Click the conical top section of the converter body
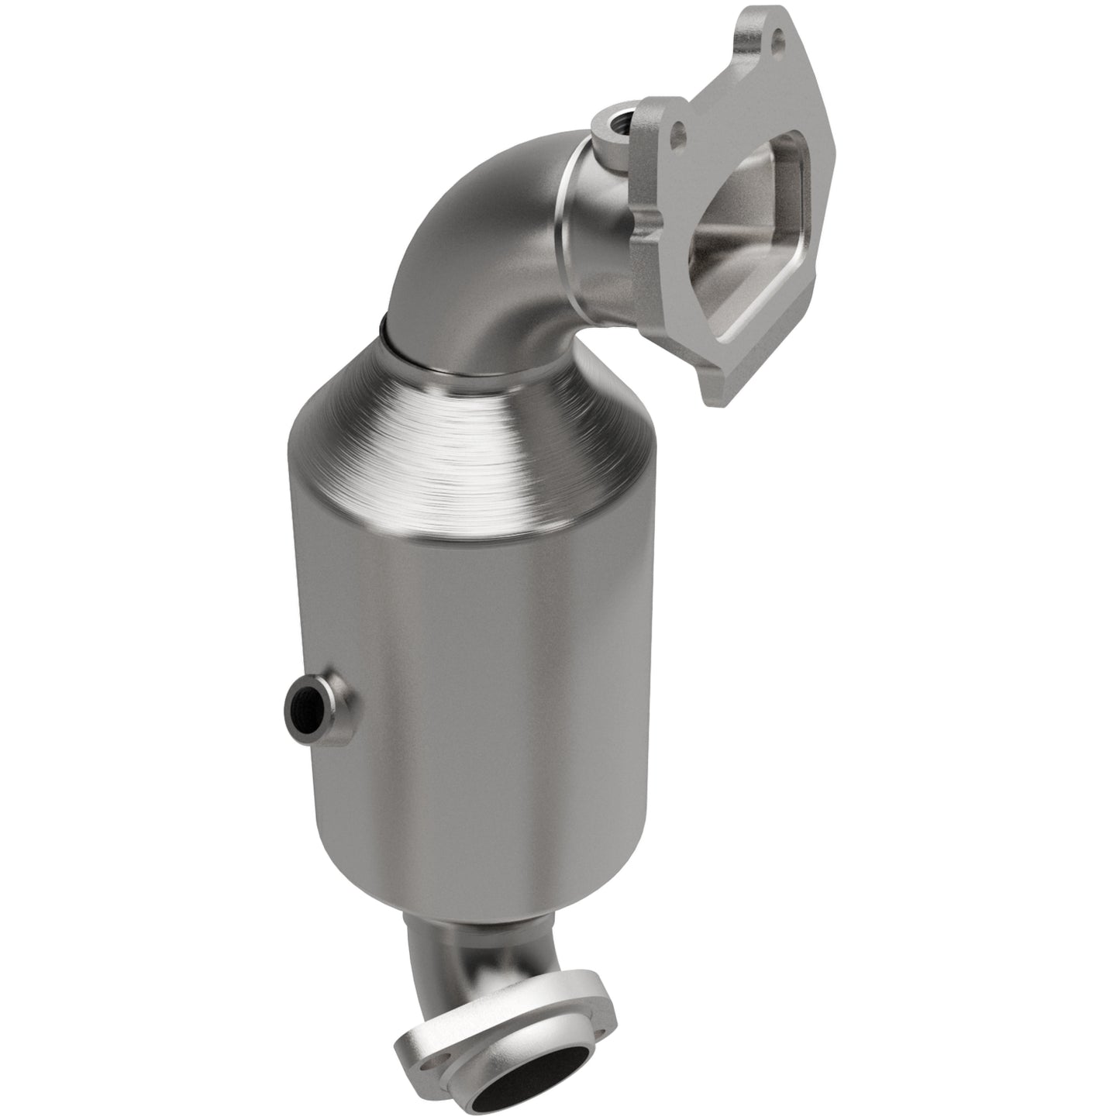tap(434, 465)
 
